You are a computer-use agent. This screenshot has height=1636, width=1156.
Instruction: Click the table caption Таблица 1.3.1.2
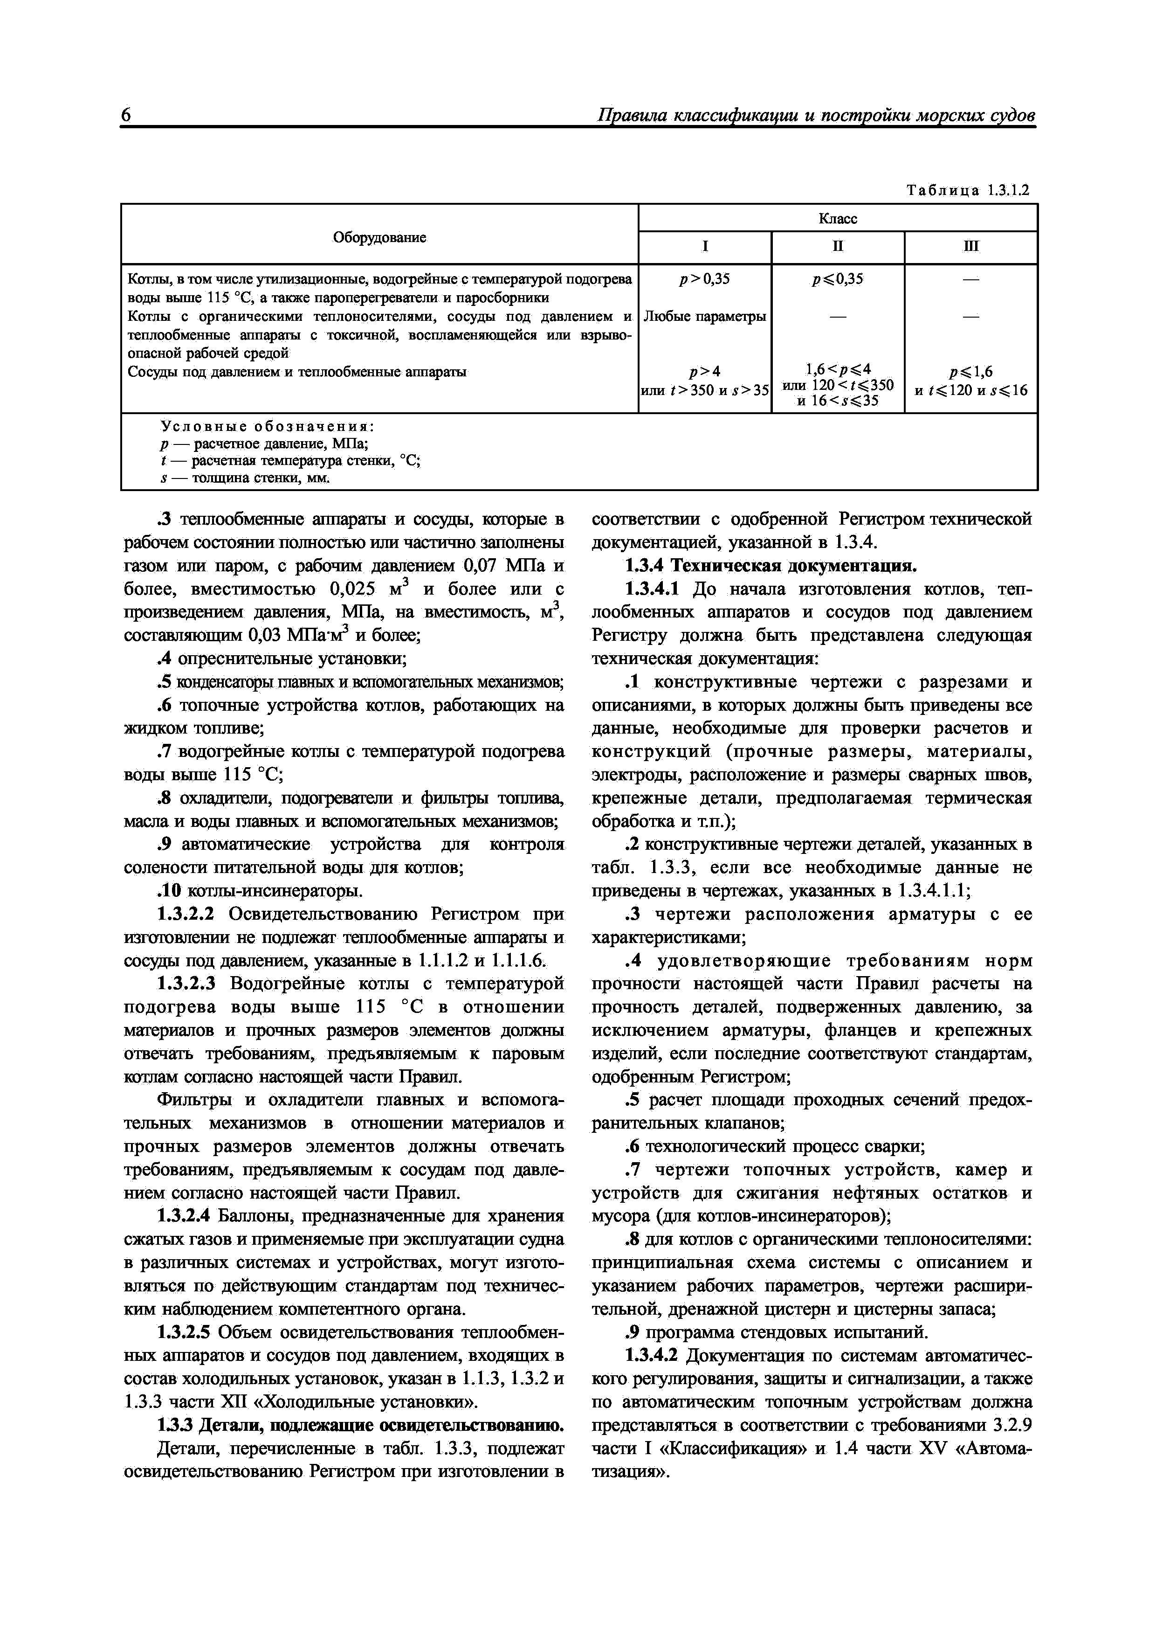coord(967,190)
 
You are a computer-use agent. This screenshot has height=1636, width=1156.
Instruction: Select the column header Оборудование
coord(379,238)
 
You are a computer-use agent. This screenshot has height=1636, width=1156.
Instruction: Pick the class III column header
coord(970,247)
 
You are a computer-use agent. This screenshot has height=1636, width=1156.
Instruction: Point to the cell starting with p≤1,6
coord(970,381)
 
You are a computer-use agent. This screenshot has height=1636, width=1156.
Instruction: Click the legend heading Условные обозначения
coord(267,427)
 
